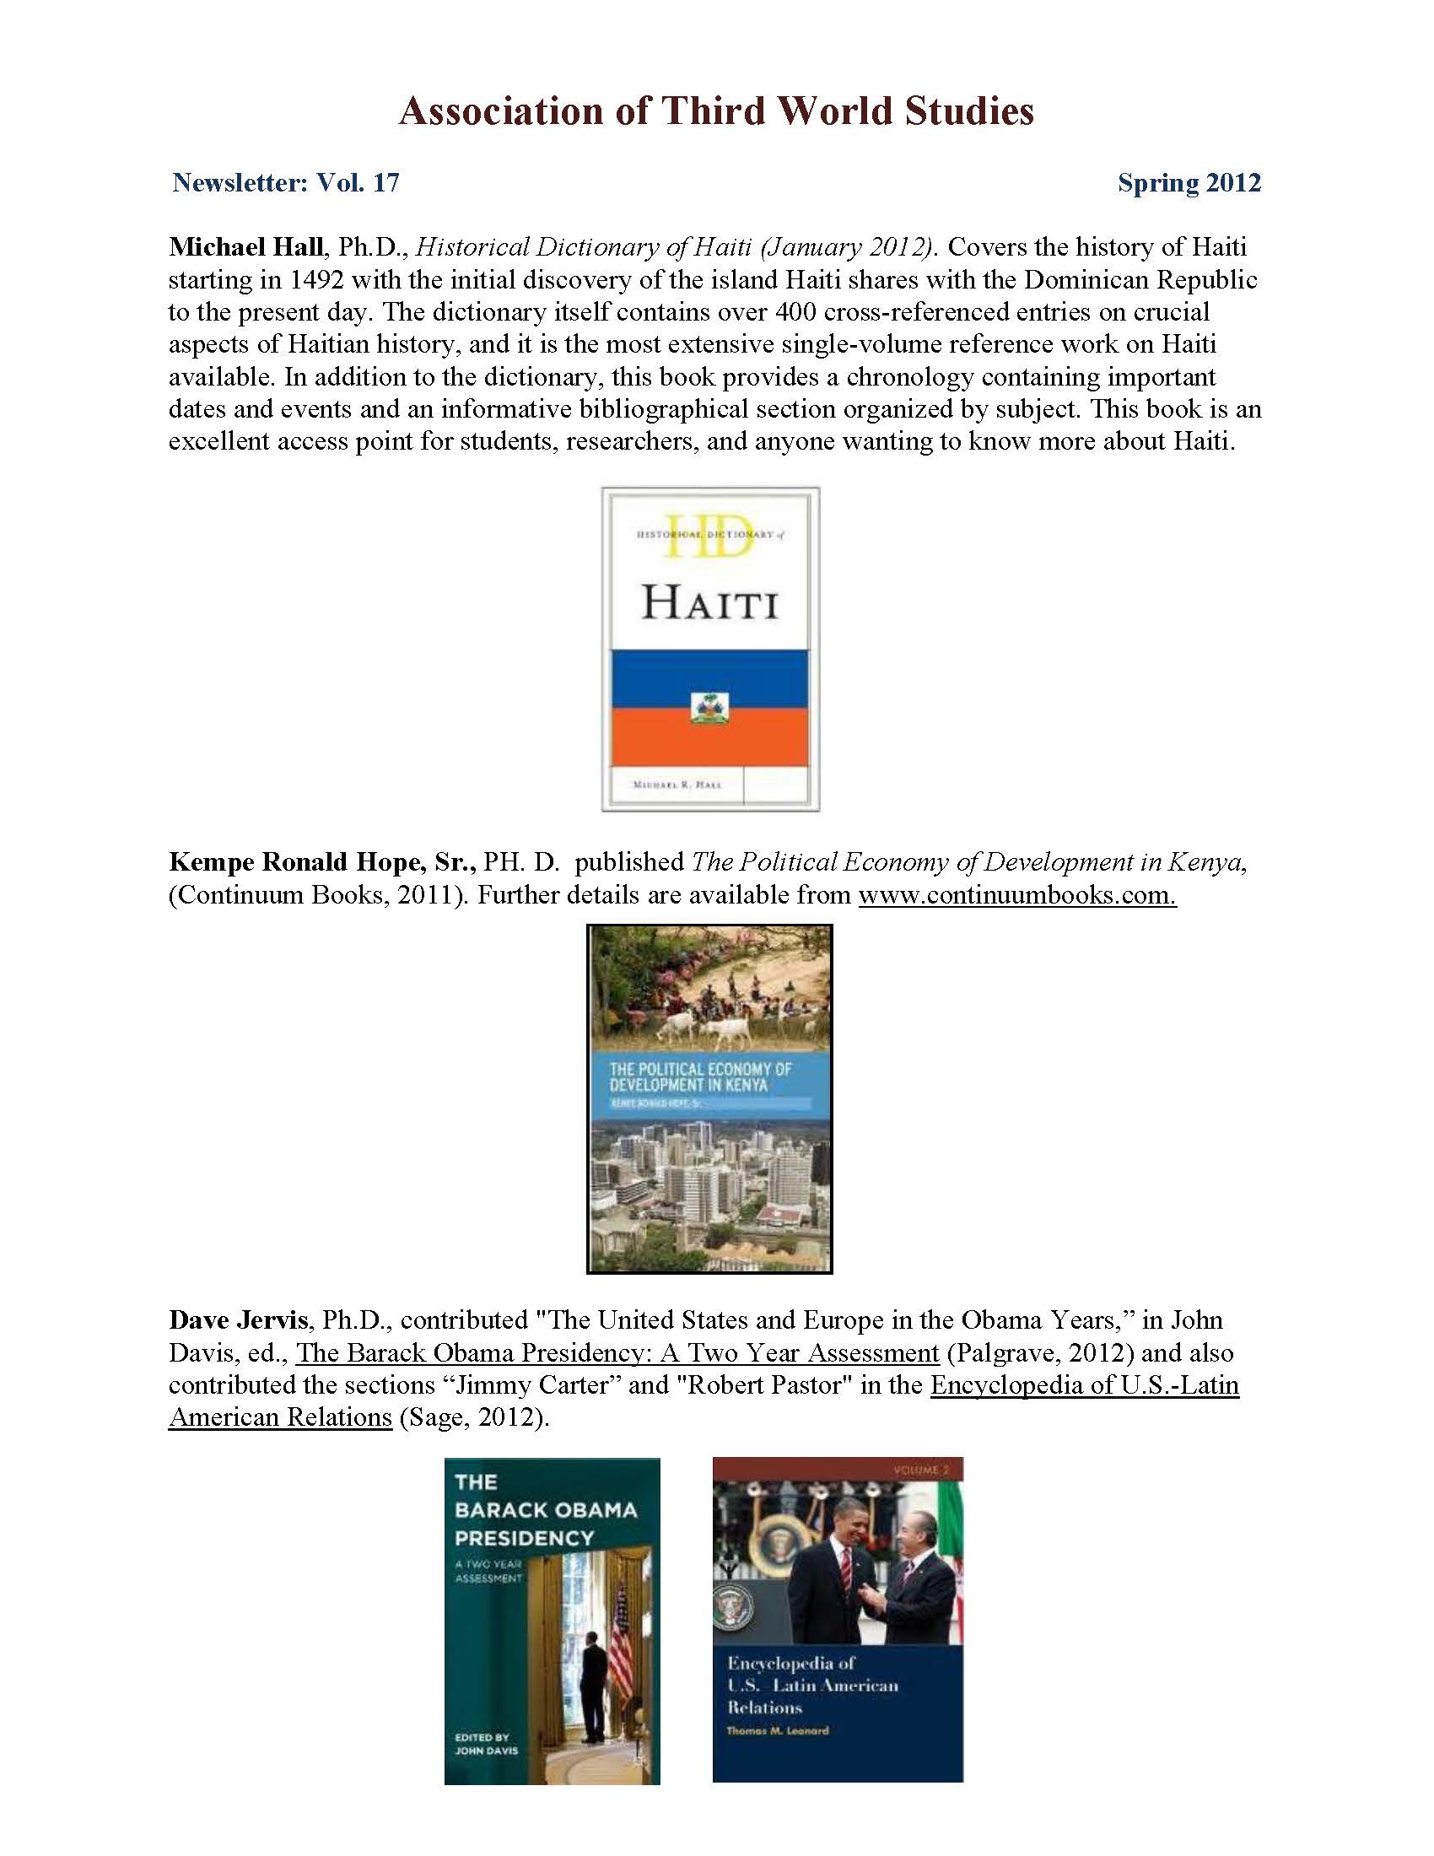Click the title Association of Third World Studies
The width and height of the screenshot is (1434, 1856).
pyautogui.click(x=716, y=111)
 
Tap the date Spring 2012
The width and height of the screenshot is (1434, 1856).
pyautogui.click(x=1189, y=183)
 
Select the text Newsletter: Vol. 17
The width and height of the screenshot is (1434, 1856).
pyautogui.click(x=285, y=183)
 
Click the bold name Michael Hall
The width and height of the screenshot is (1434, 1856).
pyautogui.click(x=246, y=247)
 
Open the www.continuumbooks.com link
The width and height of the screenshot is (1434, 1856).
pyautogui.click(x=1017, y=895)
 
